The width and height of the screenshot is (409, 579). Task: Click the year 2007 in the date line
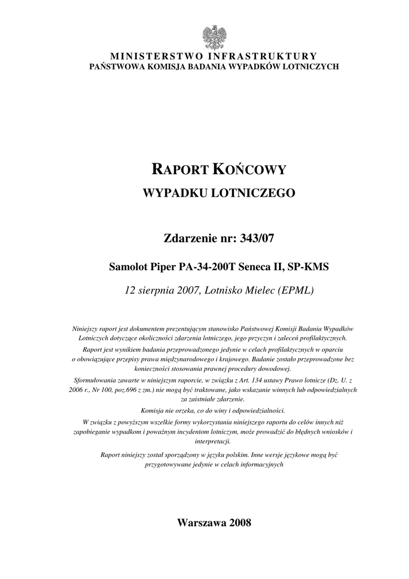tap(186, 291)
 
